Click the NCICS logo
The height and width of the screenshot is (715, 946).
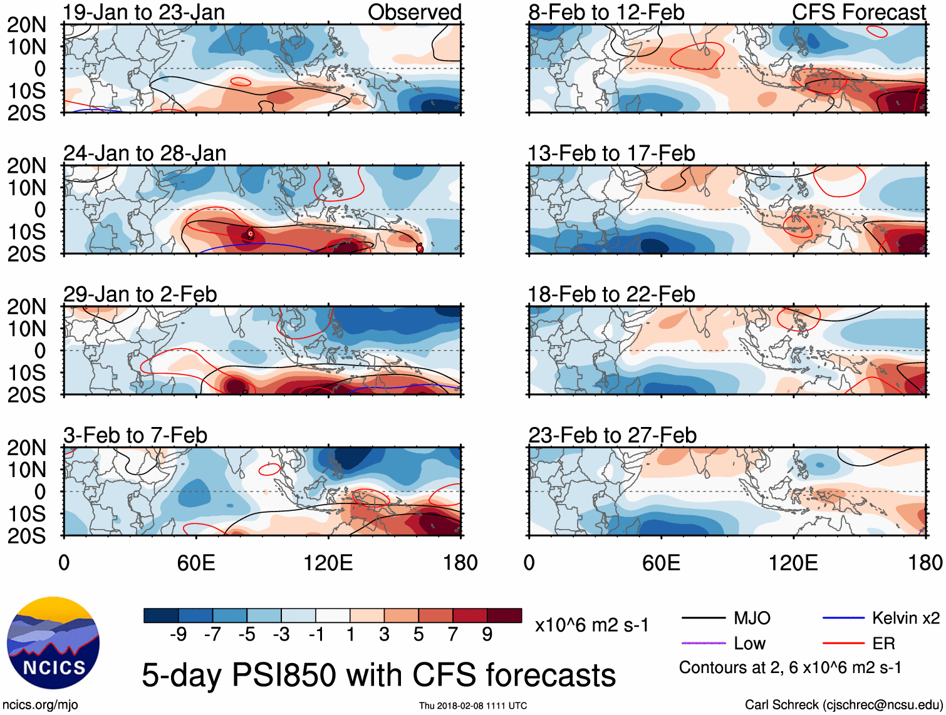coord(53,644)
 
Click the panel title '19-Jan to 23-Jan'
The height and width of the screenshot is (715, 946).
coord(143,13)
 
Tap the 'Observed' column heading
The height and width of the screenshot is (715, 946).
coord(414,13)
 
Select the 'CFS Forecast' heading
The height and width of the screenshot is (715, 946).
coord(858,13)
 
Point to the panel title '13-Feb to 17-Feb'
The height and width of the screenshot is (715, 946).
coord(611,153)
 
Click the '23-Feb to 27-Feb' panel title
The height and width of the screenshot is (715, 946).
coord(612,435)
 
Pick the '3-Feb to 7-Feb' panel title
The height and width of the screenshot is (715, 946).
coord(135,435)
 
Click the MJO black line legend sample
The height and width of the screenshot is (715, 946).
coord(703,619)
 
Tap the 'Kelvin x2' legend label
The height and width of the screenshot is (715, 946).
coord(905,619)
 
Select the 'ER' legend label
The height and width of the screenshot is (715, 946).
coord(883,644)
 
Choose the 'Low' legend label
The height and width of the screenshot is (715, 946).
coord(749,644)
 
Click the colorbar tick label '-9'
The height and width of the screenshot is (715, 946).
coord(178,635)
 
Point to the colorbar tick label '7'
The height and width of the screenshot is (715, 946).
coord(453,635)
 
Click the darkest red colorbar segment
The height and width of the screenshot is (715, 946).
coord(504,615)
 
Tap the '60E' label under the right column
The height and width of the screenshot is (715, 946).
coord(661,563)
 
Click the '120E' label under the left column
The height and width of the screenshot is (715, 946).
coord(328,563)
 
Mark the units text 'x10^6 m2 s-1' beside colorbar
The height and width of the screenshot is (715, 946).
coord(591,625)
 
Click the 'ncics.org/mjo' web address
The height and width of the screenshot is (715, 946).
coord(40,705)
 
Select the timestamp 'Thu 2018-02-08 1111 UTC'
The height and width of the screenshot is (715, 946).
coord(473,706)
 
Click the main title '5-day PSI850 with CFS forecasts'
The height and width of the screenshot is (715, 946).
coord(378,675)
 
